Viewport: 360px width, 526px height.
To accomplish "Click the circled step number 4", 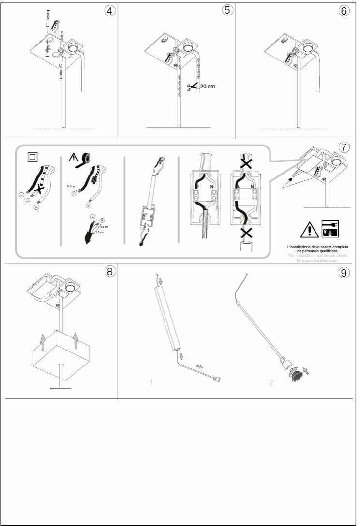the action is tap(110, 11).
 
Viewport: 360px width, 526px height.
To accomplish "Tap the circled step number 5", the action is tap(227, 11).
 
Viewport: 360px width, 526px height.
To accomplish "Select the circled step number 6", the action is tap(344, 11).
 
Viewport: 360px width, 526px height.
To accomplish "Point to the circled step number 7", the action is tap(343, 147).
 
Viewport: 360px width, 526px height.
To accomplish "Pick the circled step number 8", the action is tap(110, 271).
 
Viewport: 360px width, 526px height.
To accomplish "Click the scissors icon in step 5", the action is tap(192, 87).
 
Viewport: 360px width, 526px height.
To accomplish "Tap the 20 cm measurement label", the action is tap(208, 86).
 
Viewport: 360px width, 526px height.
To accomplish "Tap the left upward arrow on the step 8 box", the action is tap(42, 342).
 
